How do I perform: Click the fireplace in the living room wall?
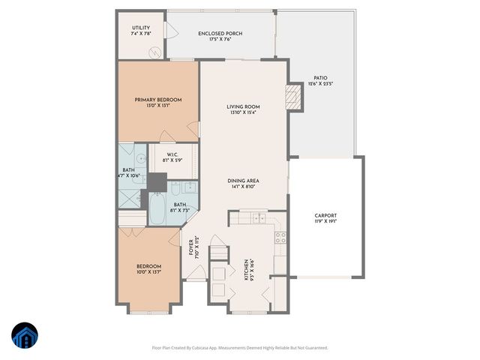coord(295,97)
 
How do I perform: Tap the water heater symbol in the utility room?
coord(156,52)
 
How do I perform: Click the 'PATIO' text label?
coord(320,77)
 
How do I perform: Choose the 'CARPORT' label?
coord(325,215)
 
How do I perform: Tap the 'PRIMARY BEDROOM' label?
coord(158,100)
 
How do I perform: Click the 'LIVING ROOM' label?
coord(243,106)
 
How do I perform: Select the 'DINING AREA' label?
coord(244,181)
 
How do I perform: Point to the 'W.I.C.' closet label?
coord(172,154)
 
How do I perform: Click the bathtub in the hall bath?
coord(157,209)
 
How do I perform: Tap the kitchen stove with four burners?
coord(280,238)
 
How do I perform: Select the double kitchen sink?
coord(259,218)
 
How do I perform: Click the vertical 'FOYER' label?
coord(192,247)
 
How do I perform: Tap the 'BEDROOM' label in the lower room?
coord(148,265)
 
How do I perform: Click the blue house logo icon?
coord(24,337)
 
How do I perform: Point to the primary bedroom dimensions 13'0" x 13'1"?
coord(158,106)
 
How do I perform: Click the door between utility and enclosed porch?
coord(169,31)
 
